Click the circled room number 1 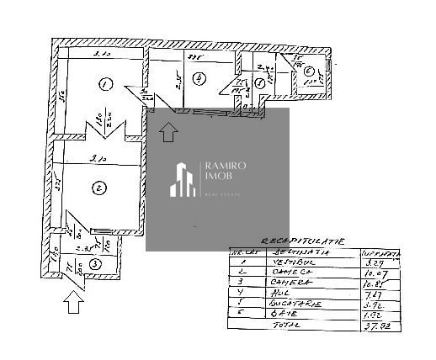pos(104,84)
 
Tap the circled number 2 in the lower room pos(99,188)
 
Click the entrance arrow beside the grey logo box pos(168,130)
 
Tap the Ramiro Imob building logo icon pos(183,179)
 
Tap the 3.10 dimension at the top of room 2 pos(98,157)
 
